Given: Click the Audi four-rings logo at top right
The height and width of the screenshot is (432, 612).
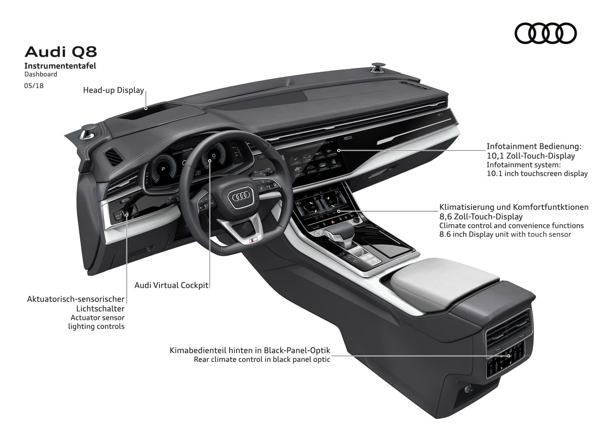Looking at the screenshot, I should coord(545,33).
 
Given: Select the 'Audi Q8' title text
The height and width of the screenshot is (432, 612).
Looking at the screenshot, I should coord(61,52).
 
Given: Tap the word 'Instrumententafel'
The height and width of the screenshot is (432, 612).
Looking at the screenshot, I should coord(60,66).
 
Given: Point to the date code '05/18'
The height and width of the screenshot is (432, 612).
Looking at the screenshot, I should coord(34,85).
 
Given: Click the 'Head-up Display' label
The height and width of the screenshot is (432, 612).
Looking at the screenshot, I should coord(113,90).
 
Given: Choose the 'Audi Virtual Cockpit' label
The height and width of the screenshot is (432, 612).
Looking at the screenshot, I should coord(171,285).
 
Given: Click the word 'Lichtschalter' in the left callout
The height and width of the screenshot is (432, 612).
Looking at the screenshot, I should coord(100,309).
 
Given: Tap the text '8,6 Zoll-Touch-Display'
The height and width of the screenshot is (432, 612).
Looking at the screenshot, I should coord(481,216).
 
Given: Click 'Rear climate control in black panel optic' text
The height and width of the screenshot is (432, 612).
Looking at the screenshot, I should coord(262,359).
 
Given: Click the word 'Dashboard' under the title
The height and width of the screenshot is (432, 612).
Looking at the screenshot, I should coord(41,74).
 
